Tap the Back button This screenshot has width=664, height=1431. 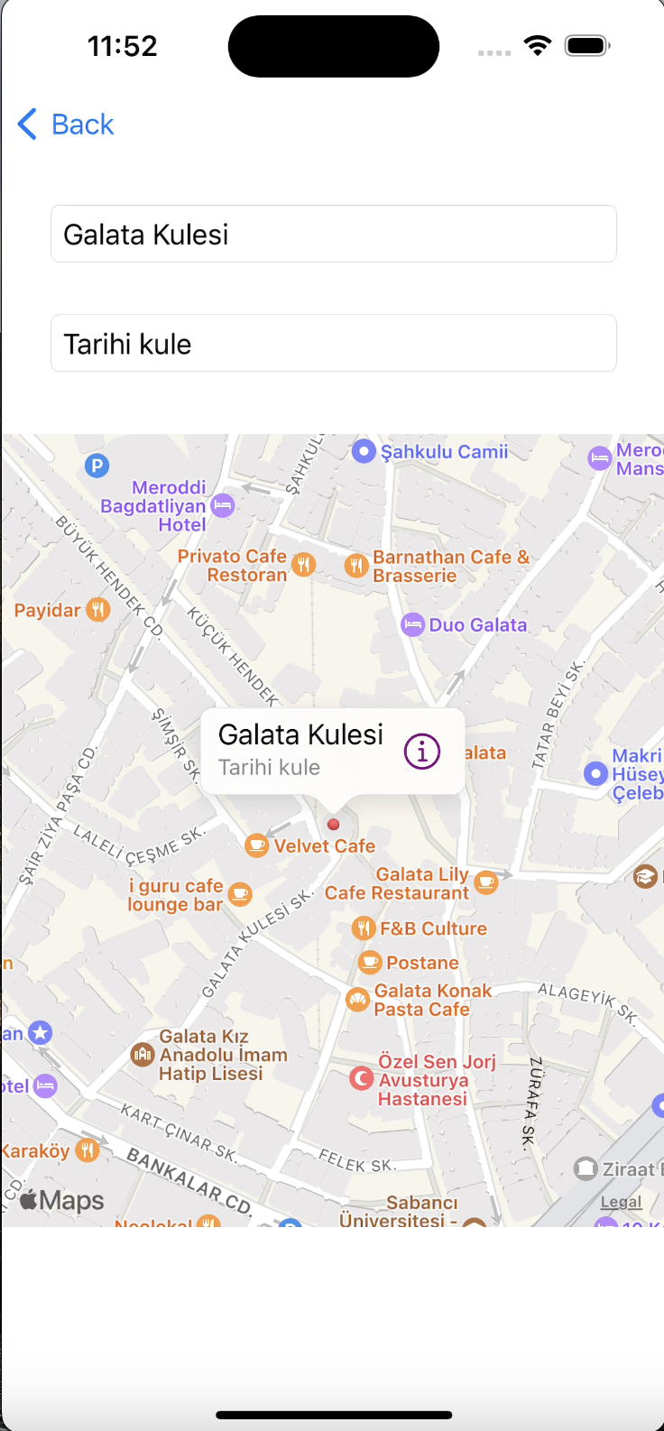pos(66,125)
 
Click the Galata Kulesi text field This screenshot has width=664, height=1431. pos(333,235)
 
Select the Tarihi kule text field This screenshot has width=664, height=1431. pos(333,344)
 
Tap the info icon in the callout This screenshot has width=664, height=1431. pos(422,751)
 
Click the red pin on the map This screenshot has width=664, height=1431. pos(333,824)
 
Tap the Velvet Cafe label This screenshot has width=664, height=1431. pos(324,846)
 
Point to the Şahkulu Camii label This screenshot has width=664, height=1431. pos(444,451)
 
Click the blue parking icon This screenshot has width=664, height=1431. pos(97,466)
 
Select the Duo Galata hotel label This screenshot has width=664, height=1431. pos(477,624)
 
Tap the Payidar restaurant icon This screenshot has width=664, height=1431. pos(97,610)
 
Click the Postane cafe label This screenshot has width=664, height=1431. pos(422,963)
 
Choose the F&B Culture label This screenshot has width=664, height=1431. pos(433,928)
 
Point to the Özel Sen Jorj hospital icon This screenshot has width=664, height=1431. pos(361,1078)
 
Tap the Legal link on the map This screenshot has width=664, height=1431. pos(622,1202)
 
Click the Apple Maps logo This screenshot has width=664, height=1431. pos(61,1200)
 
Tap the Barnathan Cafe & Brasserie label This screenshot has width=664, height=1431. pos(450,566)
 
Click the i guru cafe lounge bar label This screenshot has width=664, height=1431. pos(176,895)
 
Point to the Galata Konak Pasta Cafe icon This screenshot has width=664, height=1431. pos(358,999)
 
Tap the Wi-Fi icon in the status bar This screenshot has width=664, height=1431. pos(538,45)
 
